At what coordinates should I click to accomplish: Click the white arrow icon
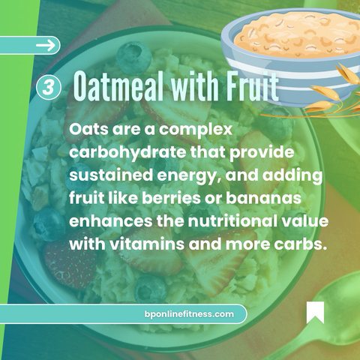[46, 45]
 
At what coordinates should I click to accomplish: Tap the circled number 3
[49, 88]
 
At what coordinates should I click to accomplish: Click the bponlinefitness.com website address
[189, 313]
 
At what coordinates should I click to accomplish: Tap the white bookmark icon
[315, 312]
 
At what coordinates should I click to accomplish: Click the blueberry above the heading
[134, 58]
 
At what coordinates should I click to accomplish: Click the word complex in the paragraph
[196, 130]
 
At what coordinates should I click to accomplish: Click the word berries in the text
[171, 198]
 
